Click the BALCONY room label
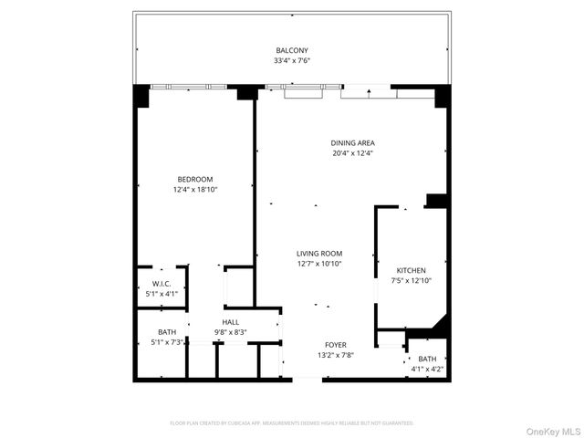point(292,50)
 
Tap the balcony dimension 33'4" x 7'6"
point(292,61)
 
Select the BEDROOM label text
point(195,179)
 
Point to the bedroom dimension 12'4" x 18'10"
point(195,189)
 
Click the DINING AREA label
point(352,143)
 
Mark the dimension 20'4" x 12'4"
point(352,153)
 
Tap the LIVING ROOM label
point(318,254)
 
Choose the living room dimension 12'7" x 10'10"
point(318,264)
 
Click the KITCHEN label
point(411,270)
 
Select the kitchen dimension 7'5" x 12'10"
point(411,281)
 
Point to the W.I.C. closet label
point(162,283)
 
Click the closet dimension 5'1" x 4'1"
point(162,294)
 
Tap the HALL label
point(230,322)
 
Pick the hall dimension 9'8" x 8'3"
point(230,332)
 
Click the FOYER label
point(336,344)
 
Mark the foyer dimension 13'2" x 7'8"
point(336,355)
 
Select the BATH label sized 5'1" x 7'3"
point(167,331)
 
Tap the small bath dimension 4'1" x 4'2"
point(427,369)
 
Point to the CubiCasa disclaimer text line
point(292,423)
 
